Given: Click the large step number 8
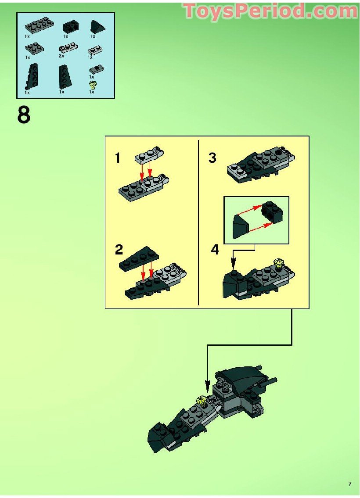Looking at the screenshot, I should coord(24,115).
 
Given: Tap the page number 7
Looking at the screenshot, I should coord(350,484).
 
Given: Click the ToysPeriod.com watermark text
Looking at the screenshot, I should coord(270,11).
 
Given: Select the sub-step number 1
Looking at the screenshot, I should coord(118,158).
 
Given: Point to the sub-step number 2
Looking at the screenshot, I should coord(119,250).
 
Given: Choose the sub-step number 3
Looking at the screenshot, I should coord(212,158).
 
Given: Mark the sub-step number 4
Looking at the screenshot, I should coord(215,250).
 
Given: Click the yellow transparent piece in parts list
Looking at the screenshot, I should coord(92,84).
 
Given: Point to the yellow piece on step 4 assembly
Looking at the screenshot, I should coord(278,262).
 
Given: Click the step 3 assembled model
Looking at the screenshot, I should coord(260,165).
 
